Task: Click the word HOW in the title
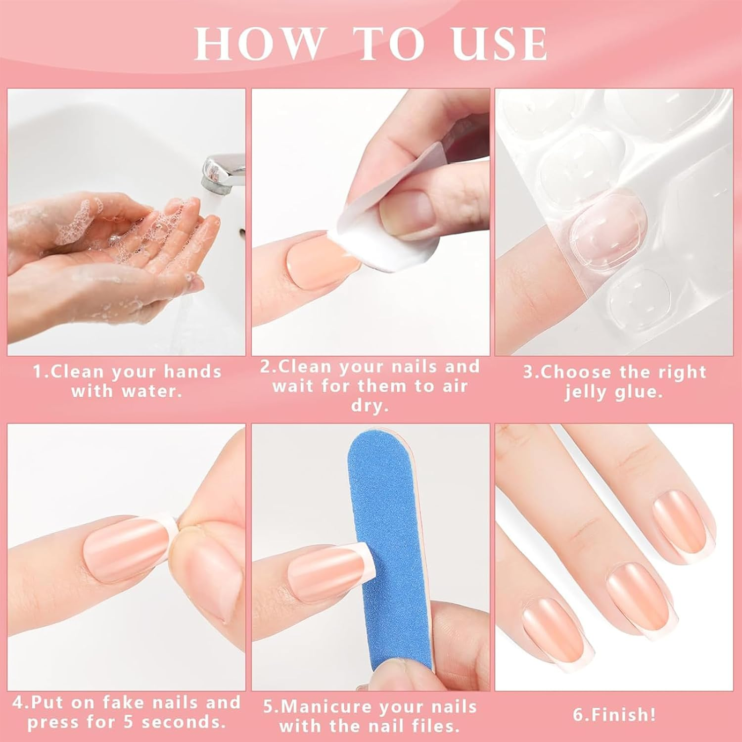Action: [x=257, y=45]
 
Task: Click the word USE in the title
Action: [x=500, y=45]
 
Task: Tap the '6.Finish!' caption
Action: [x=614, y=714]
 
